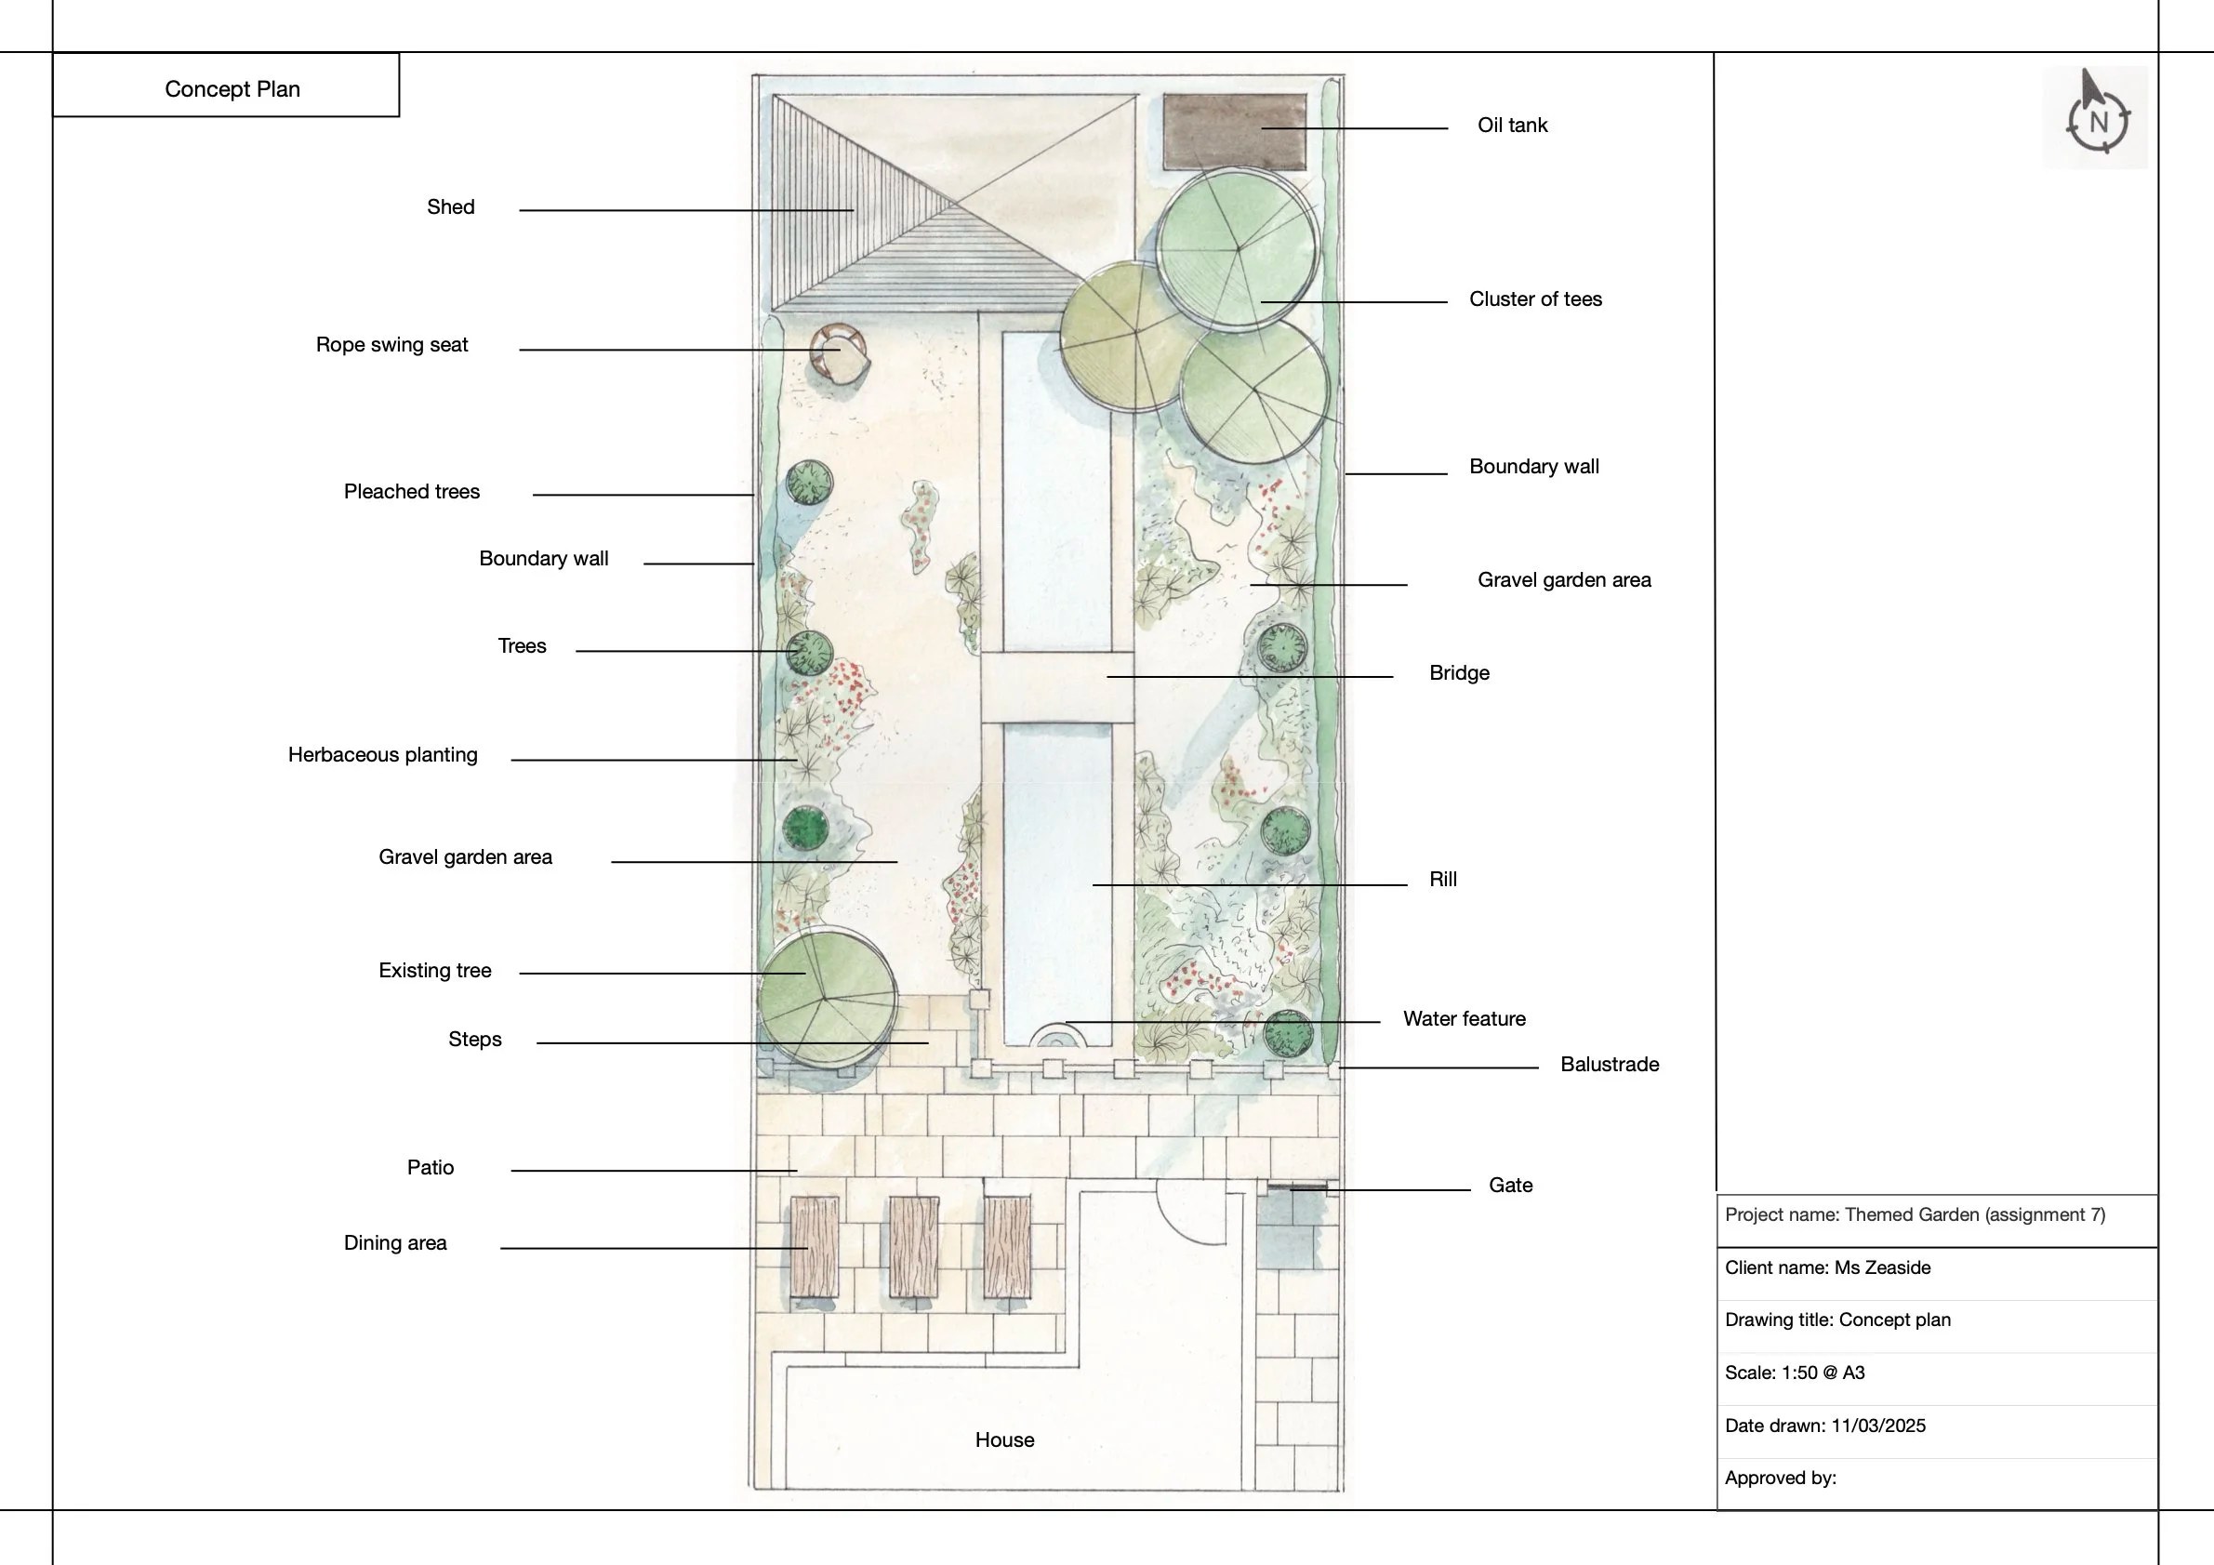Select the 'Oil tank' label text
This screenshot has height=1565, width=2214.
[1511, 126]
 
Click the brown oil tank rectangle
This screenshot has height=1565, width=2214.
[1234, 131]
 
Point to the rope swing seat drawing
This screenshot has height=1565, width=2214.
[837, 354]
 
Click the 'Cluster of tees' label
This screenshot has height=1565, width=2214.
[1534, 298]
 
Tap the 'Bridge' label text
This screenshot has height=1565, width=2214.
[1458, 673]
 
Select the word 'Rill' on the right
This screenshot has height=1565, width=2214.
[1441, 880]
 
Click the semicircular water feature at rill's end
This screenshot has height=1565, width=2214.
[1057, 1037]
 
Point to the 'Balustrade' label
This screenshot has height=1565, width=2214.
[1609, 1065]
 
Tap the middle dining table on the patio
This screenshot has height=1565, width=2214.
[913, 1248]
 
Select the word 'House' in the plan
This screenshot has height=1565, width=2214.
[1004, 1439]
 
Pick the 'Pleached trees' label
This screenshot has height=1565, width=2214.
[412, 492]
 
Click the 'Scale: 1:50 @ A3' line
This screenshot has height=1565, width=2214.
[1794, 1373]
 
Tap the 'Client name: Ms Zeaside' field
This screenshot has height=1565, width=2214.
[1826, 1267]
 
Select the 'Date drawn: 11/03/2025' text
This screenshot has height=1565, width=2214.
[1824, 1426]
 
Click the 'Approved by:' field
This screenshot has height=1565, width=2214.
[1780, 1479]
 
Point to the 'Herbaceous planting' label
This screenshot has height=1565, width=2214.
[383, 755]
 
